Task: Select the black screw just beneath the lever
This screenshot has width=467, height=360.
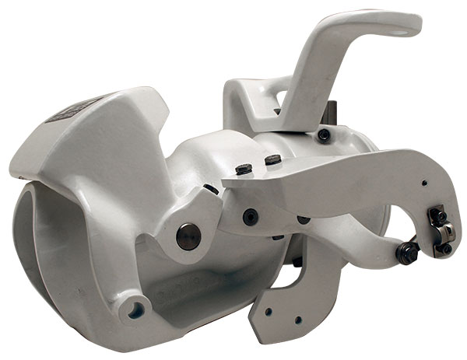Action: coord(324,135)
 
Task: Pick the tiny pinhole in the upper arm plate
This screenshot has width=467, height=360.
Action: coord(423,183)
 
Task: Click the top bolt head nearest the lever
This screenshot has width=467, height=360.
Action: coord(272,159)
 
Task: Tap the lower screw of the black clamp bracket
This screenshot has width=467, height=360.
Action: coord(446,248)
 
